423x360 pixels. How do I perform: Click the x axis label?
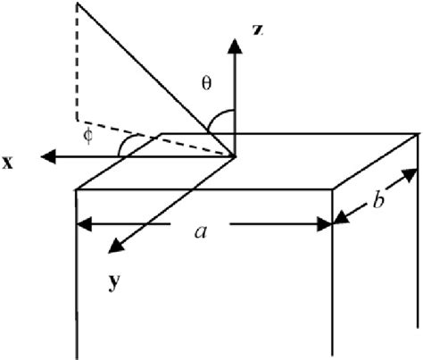pyautogui.click(x=8, y=164)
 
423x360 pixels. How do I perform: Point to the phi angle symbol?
pyautogui.click(x=87, y=135)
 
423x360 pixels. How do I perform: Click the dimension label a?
pyautogui.click(x=202, y=231)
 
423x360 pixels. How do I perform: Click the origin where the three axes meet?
pyautogui.click(x=235, y=157)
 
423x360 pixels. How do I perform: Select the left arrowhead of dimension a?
pyautogui.click(x=83, y=223)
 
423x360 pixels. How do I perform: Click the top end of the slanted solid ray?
pyautogui.click(x=78, y=4)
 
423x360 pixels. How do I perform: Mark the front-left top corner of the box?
pyautogui.click(x=78, y=188)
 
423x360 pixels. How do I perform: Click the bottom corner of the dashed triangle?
pyautogui.click(x=78, y=119)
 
